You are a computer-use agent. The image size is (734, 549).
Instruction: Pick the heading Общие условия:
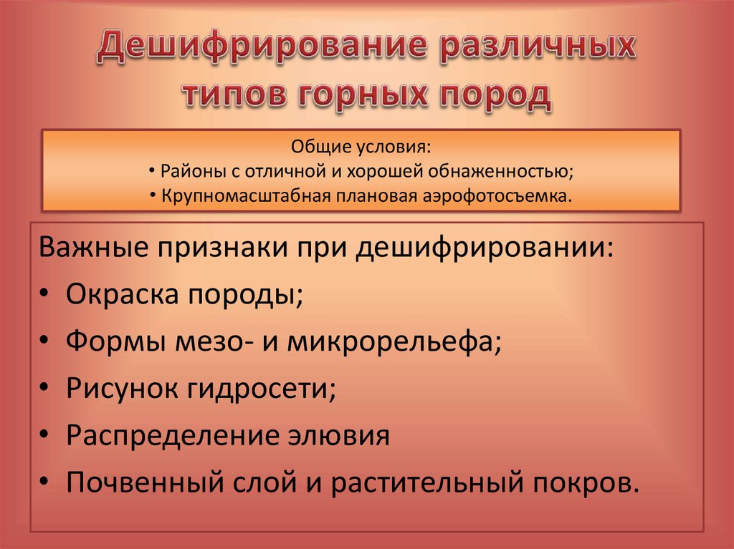point(361,148)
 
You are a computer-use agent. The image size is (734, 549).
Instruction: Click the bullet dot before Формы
point(45,342)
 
